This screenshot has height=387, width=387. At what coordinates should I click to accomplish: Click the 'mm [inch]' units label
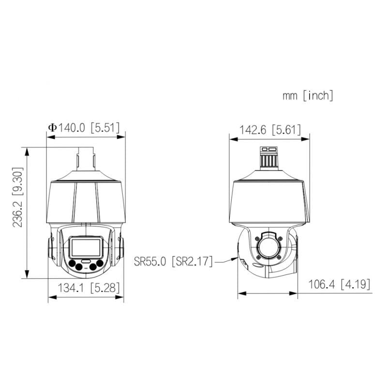[x=308, y=95]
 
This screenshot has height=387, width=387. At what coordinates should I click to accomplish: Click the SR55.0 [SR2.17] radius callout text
[x=174, y=261]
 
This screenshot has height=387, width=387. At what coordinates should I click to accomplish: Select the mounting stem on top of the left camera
[x=86, y=160]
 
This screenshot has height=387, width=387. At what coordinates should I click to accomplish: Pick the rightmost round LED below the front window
[x=100, y=264]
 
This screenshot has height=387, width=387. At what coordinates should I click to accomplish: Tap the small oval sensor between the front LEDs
[x=86, y=261]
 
